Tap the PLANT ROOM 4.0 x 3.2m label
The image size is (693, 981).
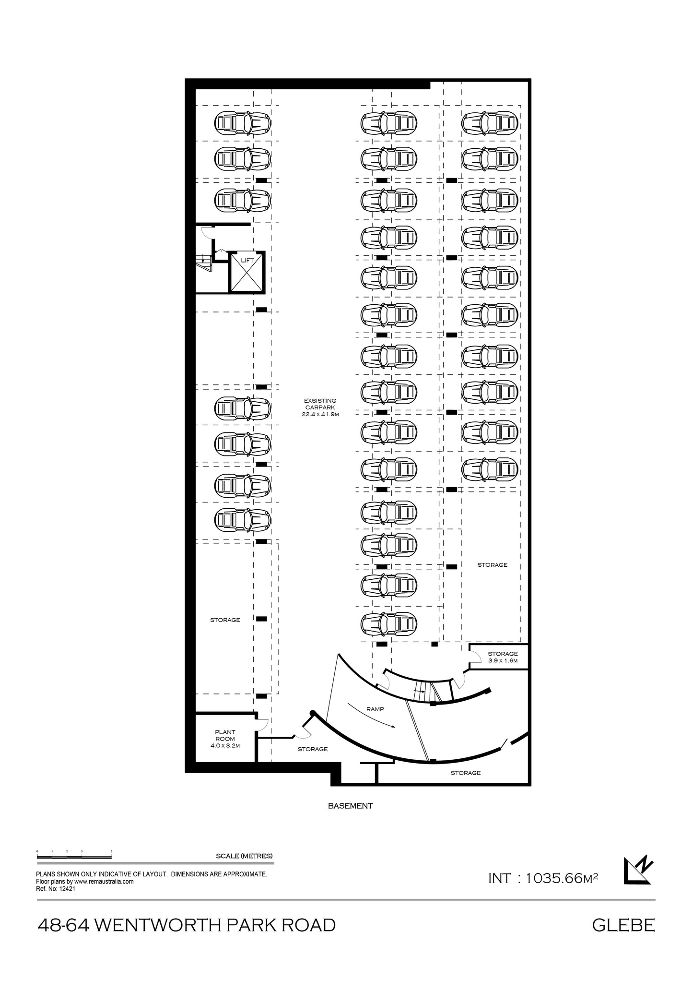pyautogui.click(x=225, y=739)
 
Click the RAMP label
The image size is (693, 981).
pyautogui.click(x=375, y=709)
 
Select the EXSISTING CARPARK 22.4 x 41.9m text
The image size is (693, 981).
pyautogui.click(x=320, y=407)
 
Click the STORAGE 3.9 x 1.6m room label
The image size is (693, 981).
pyautogui.click(x=503, y=657)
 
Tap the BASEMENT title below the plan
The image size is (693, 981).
pyautogui.click(x=350, y=806)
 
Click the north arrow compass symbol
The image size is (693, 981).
pyautogui.click(x=638, y=870)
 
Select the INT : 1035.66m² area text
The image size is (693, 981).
pyautogui.click(x=542, y=878)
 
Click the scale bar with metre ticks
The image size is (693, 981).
pyautogui.click(x=74, y=856)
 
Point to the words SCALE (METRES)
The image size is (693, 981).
pyautogui.click(x=244, y=856)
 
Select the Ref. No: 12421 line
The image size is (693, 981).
pyautogui.click(x=56, y=889)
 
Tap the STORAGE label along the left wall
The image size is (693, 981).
pyautogui.click(x=225, y=620)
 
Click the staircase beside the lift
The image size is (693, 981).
pyautogui.click(x=203, y=263)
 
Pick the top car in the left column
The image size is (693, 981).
pyautogui.click(x=242, y=123)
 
